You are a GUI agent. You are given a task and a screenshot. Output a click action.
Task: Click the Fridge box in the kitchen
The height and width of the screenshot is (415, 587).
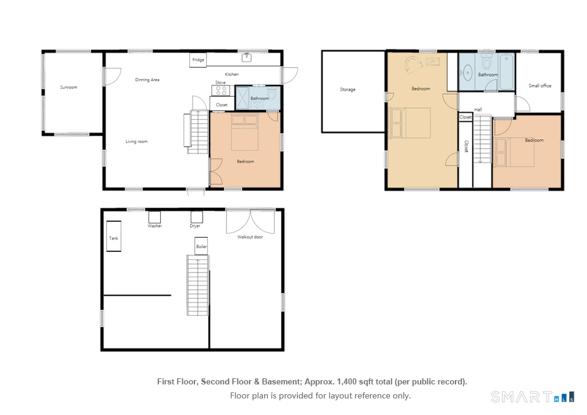pos(198,60)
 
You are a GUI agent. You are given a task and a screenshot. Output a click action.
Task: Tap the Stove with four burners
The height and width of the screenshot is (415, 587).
pos(221,90)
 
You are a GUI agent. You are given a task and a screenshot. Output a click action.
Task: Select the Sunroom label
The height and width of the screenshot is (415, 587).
pos(69,87)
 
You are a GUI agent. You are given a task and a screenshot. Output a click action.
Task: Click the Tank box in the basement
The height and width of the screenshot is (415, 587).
pos(114,236)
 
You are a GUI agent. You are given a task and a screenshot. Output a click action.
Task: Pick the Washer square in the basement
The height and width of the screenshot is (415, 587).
pos(155,217)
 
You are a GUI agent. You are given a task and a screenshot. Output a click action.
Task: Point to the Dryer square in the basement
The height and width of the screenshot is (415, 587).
pos(197,217)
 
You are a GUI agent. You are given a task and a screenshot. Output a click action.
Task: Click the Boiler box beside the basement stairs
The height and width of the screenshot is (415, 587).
pos(201,246)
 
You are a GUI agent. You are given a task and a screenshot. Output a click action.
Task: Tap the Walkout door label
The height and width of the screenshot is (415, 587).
pos(250,237)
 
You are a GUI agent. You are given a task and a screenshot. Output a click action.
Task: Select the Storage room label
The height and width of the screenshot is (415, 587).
pos(348,89)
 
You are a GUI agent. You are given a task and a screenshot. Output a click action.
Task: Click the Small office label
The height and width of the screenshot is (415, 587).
pos(540,86)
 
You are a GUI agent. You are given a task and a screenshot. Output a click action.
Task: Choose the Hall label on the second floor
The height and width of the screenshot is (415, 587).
pos(478,109)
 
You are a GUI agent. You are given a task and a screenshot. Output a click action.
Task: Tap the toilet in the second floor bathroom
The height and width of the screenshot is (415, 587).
pos(487,61)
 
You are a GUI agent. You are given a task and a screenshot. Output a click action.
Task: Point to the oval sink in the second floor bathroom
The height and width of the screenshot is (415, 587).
pos(468,73)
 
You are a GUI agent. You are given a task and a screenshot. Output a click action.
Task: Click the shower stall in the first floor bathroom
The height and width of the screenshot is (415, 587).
pos(243,98)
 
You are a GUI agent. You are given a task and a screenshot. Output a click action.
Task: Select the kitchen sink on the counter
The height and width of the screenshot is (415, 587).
pos(246,57)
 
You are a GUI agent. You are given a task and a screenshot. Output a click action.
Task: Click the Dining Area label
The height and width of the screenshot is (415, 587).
pos(147,79)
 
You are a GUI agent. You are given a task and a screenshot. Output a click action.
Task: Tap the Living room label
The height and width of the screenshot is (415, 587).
pos(136,141)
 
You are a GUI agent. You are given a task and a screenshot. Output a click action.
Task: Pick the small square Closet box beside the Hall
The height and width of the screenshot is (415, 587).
pos(465,117)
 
